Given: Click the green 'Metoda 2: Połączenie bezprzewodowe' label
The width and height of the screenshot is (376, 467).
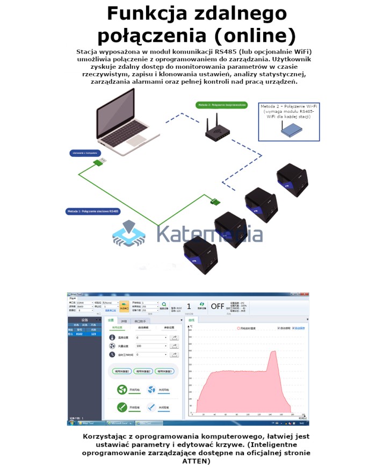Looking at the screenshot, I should [x=221, y=105].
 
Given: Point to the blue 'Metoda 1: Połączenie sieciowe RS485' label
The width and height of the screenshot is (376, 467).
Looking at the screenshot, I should [x=92, y=211].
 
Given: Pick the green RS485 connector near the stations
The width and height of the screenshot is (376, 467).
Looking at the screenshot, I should [x=215, y=202].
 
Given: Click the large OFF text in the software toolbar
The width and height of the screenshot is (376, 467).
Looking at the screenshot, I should [x=218, y=306].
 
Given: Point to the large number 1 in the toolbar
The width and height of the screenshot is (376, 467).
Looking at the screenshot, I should [x=189, y=306].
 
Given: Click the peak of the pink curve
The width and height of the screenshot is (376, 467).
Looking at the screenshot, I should [x=274, y=351].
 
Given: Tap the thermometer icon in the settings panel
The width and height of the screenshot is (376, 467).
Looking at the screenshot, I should [x=112, y=337].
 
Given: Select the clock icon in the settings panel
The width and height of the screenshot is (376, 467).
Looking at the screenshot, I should [x=112, y=355].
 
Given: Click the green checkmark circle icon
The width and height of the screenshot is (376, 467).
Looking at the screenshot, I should [x=122, y=407].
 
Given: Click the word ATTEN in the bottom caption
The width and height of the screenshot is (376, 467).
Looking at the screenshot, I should [x=196, y=461].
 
